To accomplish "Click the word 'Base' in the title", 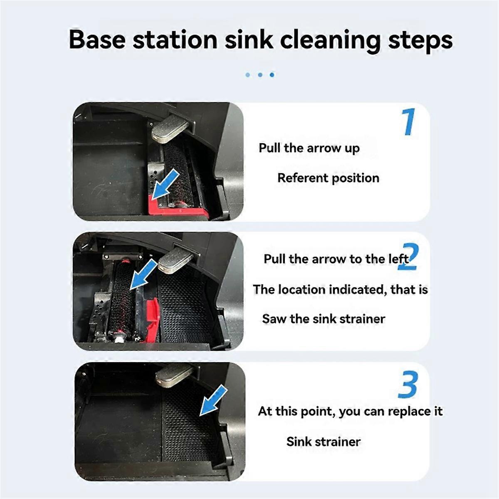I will (x=96, y=40).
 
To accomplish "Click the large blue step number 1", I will (x=409, y=121).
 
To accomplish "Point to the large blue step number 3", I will (x=408, y=385).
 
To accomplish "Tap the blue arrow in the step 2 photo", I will (x=143, y=275).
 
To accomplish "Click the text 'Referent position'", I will (x=328, y=178).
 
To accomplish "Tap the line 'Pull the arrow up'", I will (x=309, y=148).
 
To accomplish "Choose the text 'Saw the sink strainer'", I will (x=324, y=319).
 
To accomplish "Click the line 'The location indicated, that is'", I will (x=340, y=289).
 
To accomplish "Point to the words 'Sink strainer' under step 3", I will (x=324, y=442).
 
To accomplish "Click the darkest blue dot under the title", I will (x=272, y=75).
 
